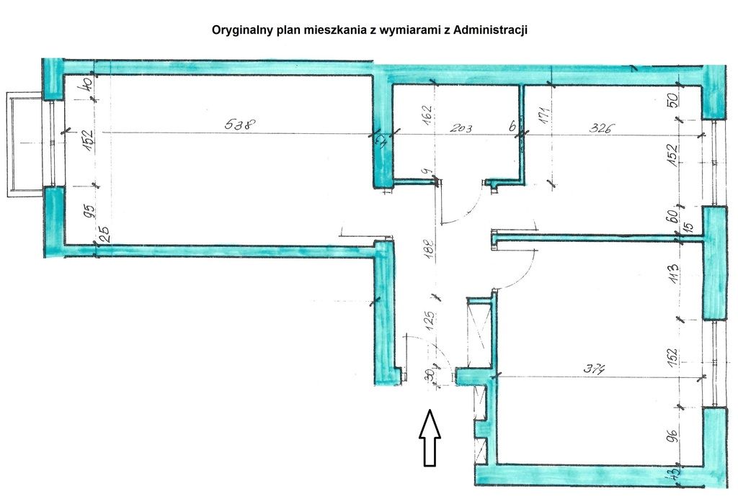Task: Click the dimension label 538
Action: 238,124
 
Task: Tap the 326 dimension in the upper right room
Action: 601,129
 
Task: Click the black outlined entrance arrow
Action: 430,437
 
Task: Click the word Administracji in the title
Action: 492,30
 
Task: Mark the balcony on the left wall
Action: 26,144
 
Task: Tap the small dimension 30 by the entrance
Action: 430,374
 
